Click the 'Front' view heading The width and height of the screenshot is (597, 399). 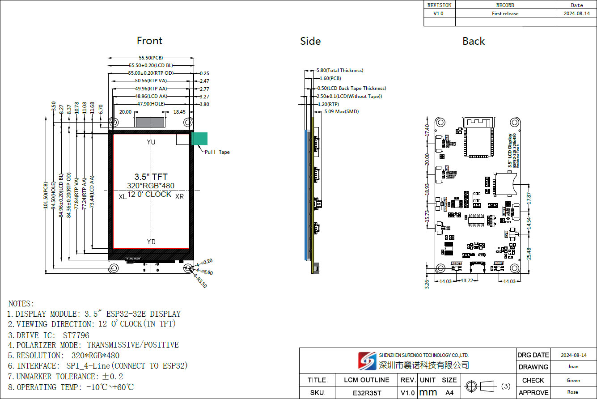149,41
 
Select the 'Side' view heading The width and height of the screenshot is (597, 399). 310,41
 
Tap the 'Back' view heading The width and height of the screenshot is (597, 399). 474,41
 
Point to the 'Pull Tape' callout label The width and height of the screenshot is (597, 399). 217,152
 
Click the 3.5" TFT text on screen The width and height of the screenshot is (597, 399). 151,177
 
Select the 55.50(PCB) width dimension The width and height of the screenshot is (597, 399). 151,58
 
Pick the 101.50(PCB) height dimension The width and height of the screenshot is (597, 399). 45,195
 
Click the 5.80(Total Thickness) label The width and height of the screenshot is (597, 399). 340,70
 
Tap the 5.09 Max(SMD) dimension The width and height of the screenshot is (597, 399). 341,111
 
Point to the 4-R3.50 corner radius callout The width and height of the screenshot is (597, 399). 200,281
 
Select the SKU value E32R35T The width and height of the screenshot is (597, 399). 366,393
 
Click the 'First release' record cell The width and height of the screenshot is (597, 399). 505,13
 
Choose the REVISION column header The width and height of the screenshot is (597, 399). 439,5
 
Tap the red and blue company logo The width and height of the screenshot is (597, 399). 367,361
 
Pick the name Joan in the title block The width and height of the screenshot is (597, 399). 573,367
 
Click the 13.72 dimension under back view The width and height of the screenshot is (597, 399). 466,280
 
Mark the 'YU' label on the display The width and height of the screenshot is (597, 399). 151,142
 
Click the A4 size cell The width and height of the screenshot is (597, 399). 449,393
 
